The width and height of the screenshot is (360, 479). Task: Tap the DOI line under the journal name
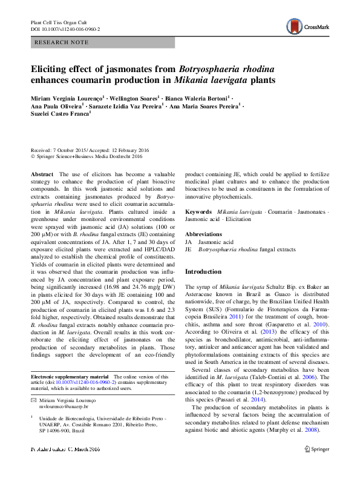click(65, 28)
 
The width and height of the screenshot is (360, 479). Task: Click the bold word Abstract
click(42, 174)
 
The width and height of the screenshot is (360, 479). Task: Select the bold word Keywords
click(198, 212)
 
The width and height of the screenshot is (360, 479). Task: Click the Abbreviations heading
click(203, 234)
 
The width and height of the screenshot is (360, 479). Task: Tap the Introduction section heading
click(203, 272)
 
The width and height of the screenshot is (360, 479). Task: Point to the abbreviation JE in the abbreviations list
click(188, 249)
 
